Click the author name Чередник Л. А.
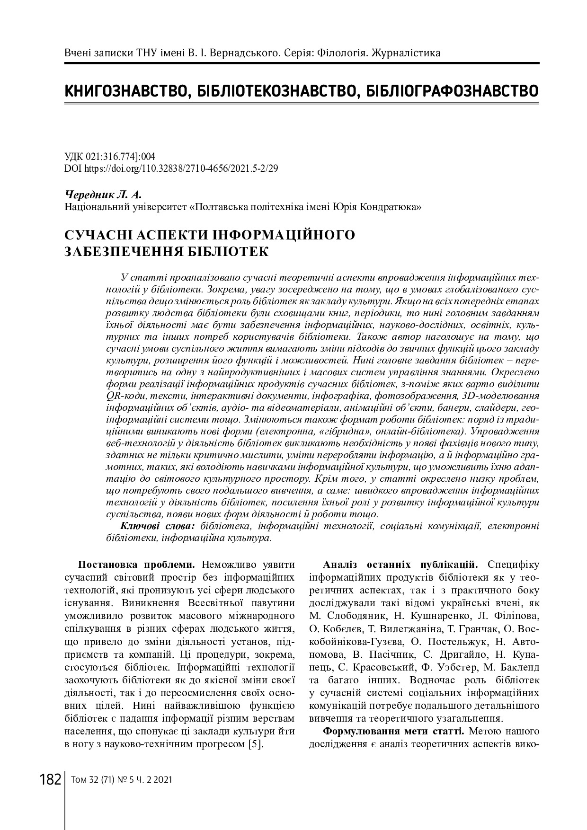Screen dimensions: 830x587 tap(102, 194)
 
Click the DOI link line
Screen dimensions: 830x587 tap(170, 168)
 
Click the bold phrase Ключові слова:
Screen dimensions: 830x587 tap(158, 526)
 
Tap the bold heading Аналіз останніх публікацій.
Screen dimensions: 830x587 tap(400, 565)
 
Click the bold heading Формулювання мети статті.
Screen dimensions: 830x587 tap(393, 731)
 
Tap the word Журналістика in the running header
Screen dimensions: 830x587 tap(406, 53)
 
